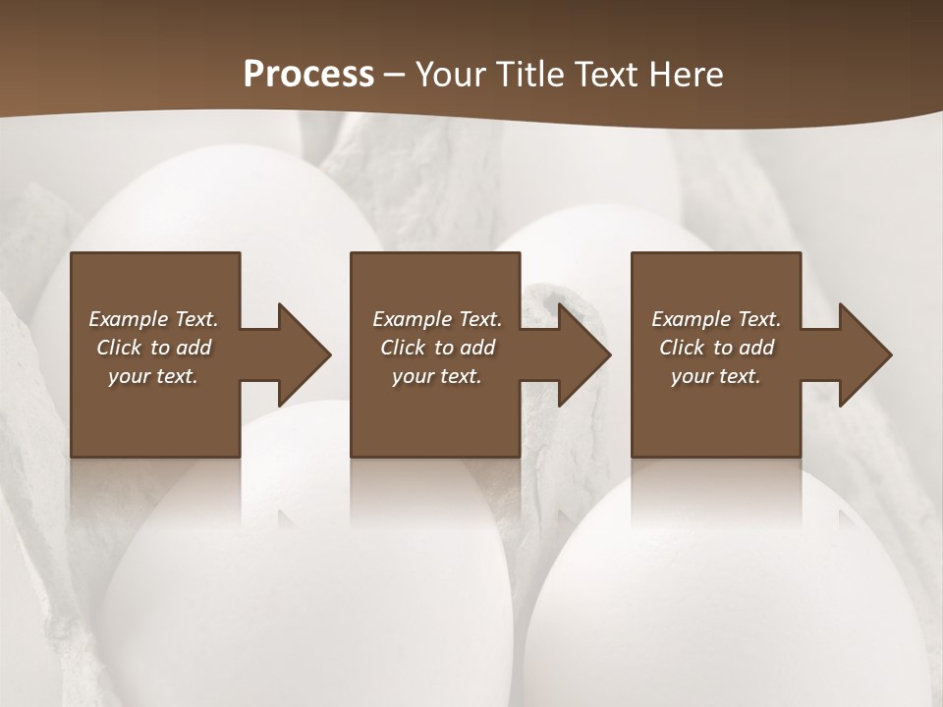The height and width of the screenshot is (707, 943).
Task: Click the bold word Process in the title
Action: (308, 75)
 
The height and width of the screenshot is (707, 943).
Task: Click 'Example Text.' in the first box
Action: (153, 319)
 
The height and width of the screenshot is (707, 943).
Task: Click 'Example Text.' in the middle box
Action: (437, 319)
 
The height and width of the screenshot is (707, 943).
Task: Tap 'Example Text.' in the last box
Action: (716, 319)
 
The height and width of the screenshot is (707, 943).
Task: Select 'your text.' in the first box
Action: (153, 376)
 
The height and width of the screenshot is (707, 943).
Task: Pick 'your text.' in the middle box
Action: (437, 376)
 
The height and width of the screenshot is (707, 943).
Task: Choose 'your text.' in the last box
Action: (716, 376)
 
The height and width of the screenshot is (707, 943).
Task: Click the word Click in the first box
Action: (119, 348)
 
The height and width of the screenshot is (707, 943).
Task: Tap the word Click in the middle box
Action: (403, 348)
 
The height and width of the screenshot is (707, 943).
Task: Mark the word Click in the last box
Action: (682, 348)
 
